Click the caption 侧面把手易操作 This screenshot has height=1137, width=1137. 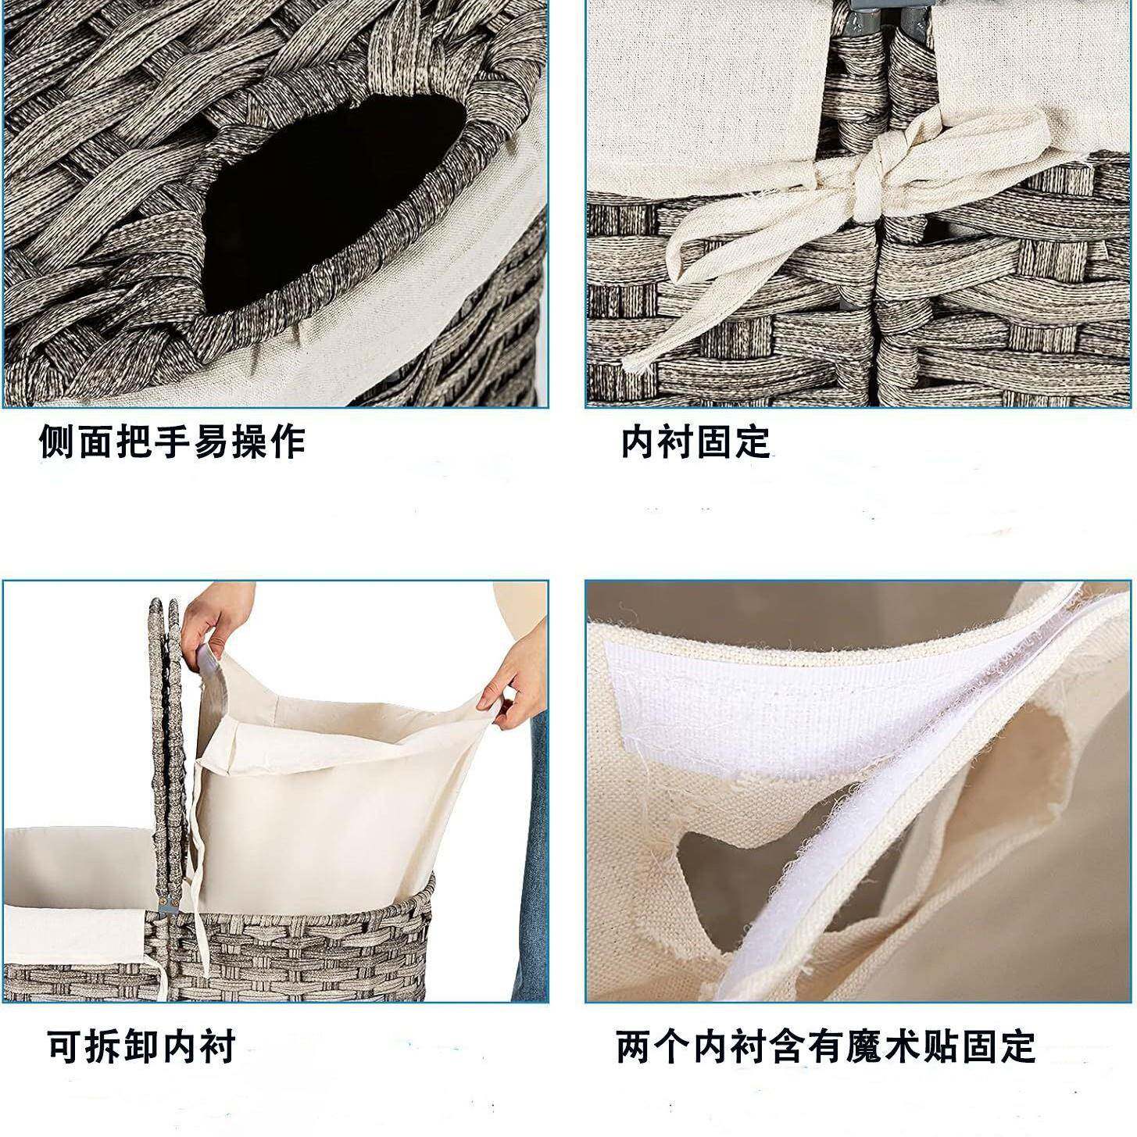point(172,442)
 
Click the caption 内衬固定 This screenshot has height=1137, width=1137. point(695,442)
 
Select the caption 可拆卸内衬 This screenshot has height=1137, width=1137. point(141,1046)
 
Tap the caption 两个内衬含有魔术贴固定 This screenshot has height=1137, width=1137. point(825,1046)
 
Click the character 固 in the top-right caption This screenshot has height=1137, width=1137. point(715,442)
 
